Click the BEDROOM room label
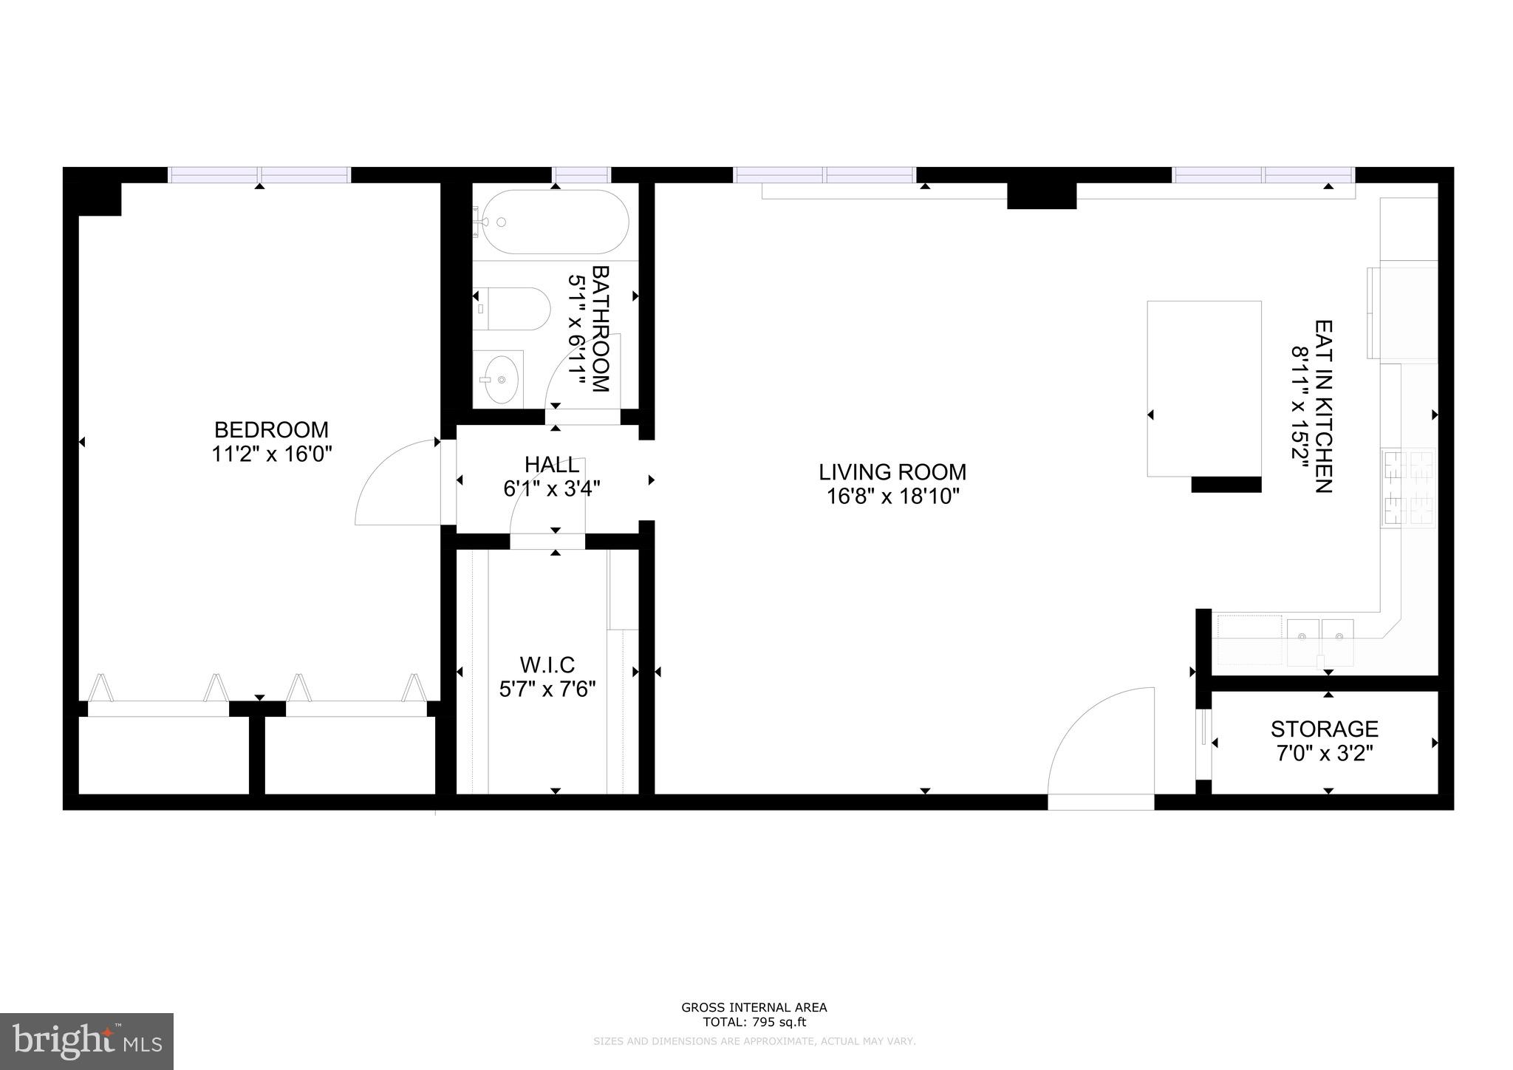point(271,429)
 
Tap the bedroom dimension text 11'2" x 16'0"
point(271,454)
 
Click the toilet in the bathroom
point(513,308)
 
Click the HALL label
point(551,465)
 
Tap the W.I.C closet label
point(547,665)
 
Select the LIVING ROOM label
point(892,471)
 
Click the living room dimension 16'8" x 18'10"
point(892,496)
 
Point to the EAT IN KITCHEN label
point(1323,406)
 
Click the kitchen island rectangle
point(1203,388)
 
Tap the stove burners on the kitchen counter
point(1408,488)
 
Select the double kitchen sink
point(1320,635)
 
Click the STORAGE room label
point(1324,729)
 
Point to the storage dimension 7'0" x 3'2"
point(1324,754)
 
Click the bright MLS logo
point(86,1041)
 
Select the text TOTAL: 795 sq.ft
point(754,1023)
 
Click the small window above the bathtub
point(581,175)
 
